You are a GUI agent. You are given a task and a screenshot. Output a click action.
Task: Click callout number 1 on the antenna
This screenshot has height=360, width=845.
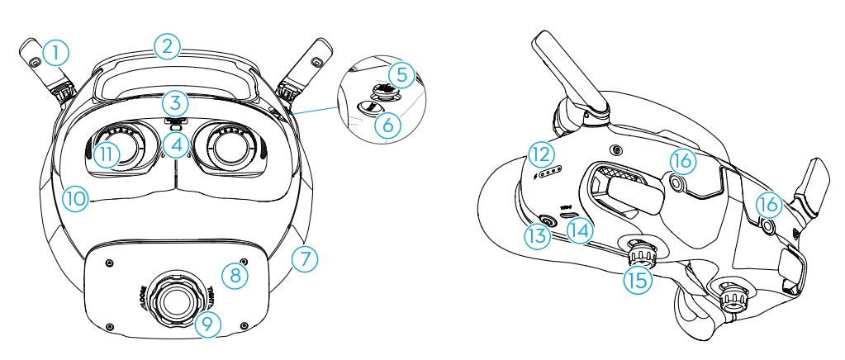tap(55, 54)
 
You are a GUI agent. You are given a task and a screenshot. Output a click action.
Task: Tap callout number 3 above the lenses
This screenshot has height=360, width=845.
tap(175, 103)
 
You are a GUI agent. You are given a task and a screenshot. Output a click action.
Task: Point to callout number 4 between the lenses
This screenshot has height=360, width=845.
tap(175, 145)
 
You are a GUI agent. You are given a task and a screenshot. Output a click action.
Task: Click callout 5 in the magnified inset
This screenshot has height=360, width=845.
tap(401, 74)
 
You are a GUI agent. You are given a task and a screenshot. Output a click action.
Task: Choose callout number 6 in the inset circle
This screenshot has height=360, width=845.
tap(385, 126)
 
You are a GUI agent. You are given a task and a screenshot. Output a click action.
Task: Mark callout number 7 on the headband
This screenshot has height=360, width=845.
tap(304, 258)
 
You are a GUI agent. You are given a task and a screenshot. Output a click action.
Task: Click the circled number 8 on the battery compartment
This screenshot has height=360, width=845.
tap(235, 274)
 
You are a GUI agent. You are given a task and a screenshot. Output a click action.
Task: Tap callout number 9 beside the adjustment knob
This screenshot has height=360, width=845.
tap(208, 324)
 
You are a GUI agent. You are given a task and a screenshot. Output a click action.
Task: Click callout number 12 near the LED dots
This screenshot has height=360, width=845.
tap(541, 152)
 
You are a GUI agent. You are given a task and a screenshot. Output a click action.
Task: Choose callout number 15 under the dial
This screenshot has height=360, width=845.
tap(637, 278)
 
